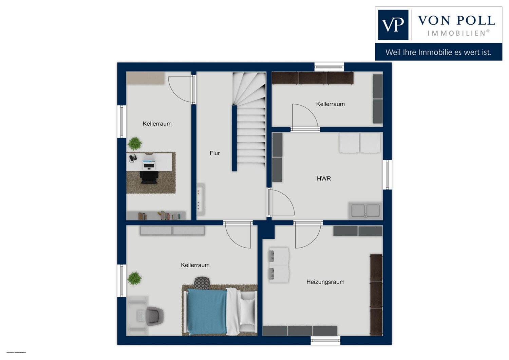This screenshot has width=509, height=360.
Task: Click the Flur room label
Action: click(x=215, y=153)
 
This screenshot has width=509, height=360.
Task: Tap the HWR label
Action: click(x=324, y=178)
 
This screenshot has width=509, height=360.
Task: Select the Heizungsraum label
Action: click(x=325, y=282)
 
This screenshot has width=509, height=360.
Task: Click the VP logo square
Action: click(x=393, y=25)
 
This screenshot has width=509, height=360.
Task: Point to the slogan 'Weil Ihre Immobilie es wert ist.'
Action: click(x=438, y=52)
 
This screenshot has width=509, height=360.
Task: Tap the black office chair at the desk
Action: click(x=149, y=177)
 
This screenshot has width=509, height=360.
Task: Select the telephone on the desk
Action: click(x=133, y=158)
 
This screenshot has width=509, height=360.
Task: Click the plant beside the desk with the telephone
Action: click(x=135, y=143)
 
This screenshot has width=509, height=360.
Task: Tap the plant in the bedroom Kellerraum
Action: click(x=134, y=278)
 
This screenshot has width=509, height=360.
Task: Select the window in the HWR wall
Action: click(x=387, y=175)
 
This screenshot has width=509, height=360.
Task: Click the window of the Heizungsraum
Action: click(x=325, y=340)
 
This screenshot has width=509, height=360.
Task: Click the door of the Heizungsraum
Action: click(x=307, y=234)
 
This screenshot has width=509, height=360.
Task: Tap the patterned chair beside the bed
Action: click(x=202, y=283)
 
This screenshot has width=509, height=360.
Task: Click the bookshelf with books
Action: click(x=156, y=215)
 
